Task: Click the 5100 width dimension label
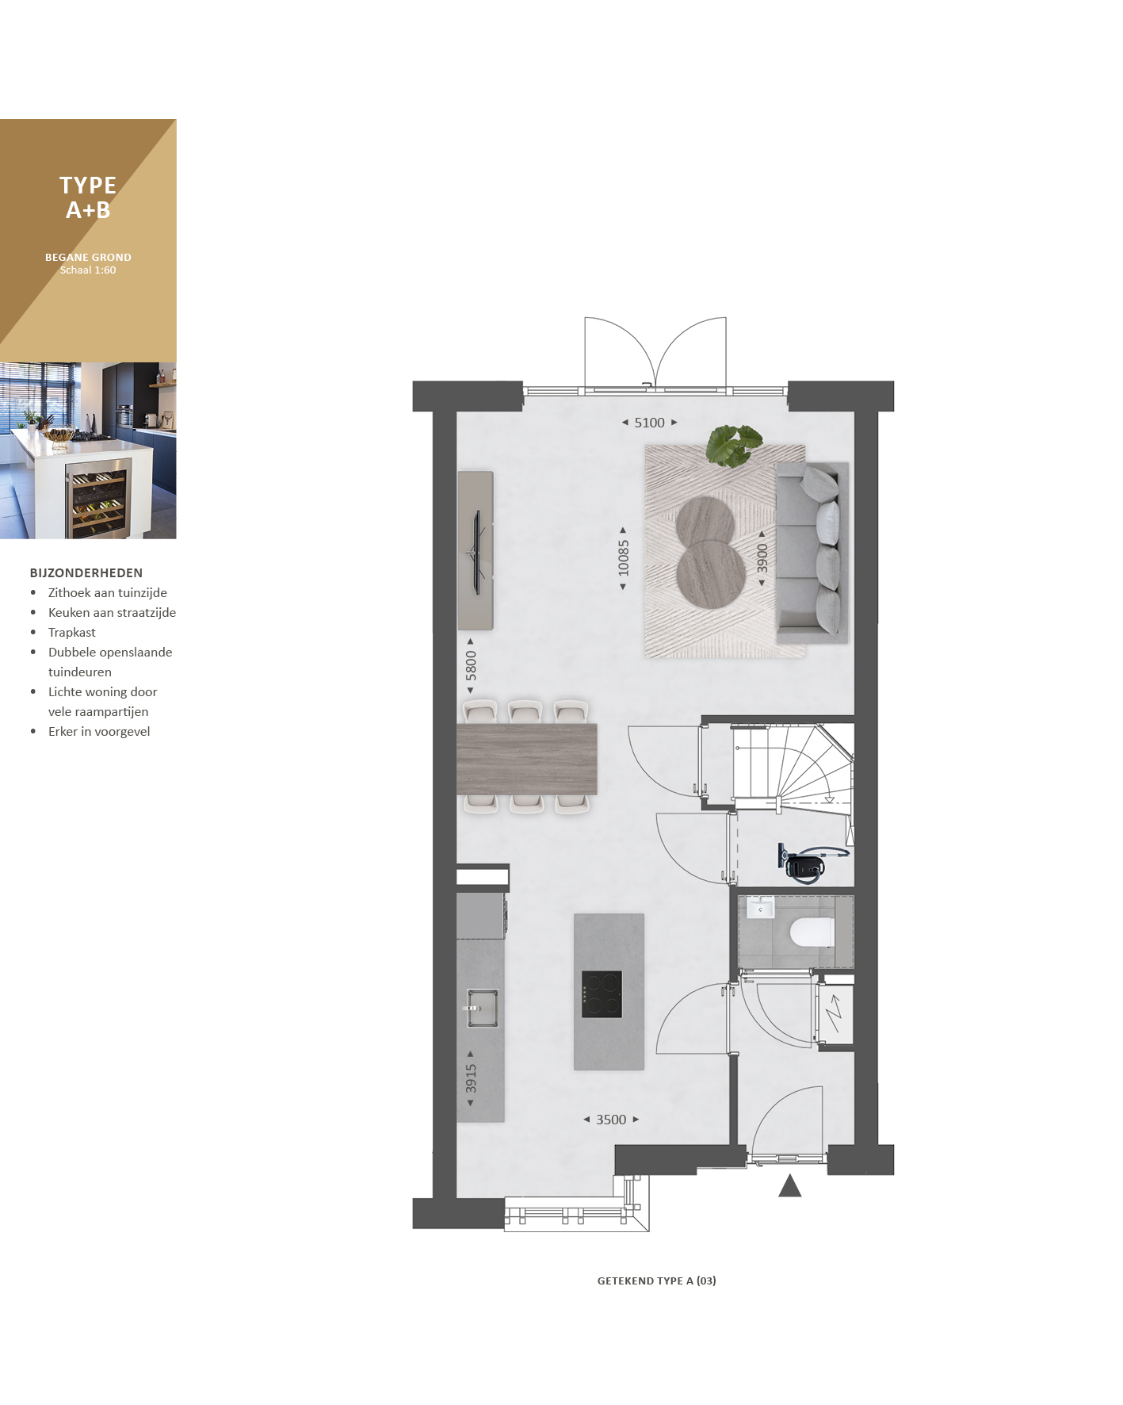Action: (x=649, y=423)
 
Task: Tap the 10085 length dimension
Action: (x=624, y=558)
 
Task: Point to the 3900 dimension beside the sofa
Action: (x=762, y=558)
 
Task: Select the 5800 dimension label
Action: (x=471, y=665)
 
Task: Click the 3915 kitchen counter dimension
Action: (x=471, y=1078)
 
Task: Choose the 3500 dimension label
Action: (x=611, y=1120)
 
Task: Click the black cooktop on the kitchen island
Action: (x=602, y=994)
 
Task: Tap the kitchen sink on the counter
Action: (x=482, y=1008)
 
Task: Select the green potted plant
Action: (x=734, y=444)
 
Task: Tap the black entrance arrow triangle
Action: (x=790, y=1185)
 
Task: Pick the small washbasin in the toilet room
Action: (x=760, y=908)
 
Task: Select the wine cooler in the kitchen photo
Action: (x=98, y=499)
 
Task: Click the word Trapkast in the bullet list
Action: (x=72, y=633)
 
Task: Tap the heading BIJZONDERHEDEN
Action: (x=86, y=573)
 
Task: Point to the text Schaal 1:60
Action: (x=88, y=270)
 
